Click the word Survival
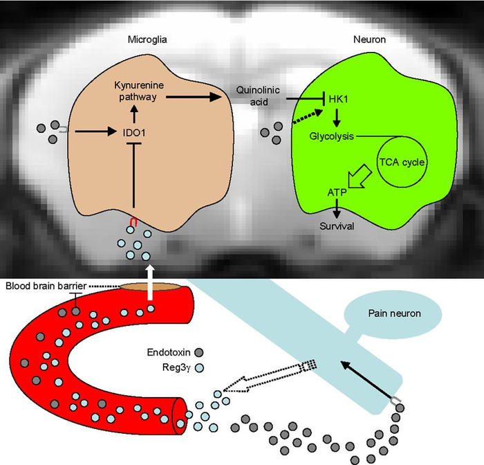[x=337, y=225]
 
